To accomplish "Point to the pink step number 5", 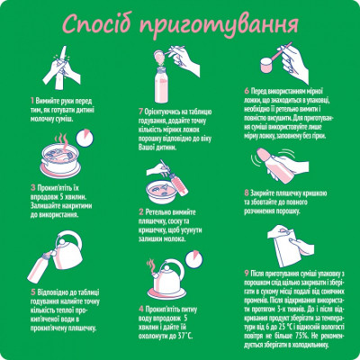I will (32, 291).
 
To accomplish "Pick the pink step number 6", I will (247, 90).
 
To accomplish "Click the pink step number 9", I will (247, 271).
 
